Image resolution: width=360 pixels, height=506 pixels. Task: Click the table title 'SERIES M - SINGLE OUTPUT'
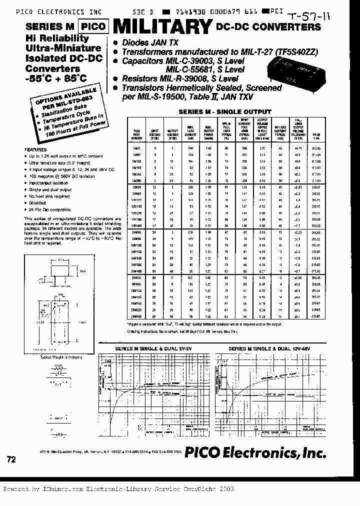[224, 112]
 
